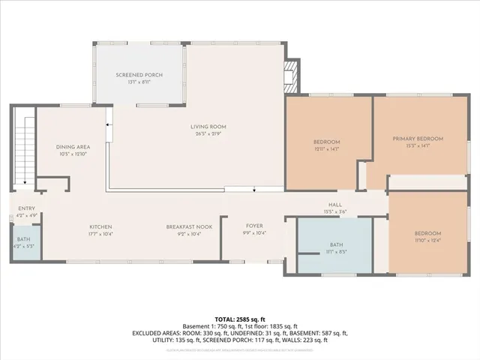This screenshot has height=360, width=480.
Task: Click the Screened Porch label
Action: (139, 75)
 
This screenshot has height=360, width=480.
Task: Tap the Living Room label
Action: (208, 127)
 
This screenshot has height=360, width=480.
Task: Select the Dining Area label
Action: (73, 147)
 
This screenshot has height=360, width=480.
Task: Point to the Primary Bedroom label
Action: (418, 139)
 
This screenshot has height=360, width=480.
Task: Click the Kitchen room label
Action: (100, 226)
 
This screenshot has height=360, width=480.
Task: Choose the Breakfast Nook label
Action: (189, 226)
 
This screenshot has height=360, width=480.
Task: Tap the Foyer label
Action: (254, 226)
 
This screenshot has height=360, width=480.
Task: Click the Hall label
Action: (335, 205)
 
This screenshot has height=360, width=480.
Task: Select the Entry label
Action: (25, 208)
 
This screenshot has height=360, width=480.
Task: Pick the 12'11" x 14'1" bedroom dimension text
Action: (326, 149)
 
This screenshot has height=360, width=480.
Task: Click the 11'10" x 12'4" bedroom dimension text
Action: (427, 240)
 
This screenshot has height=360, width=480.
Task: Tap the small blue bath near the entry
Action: (24, 243)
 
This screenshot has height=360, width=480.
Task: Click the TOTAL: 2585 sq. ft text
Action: (240, 319)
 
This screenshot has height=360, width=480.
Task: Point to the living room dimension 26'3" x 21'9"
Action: (208, 134)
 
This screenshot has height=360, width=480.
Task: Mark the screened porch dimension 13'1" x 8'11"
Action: (139, 83)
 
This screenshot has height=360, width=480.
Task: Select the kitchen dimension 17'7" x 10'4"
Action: (100, 234)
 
